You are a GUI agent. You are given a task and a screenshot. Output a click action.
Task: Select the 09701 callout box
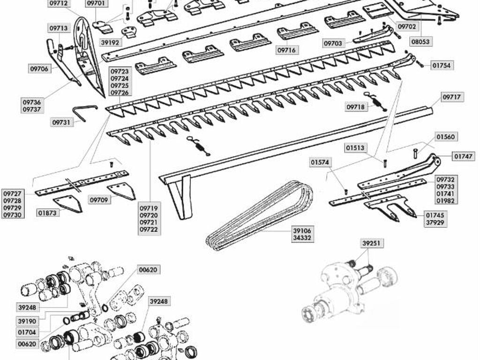pyautogui.click(x=96, y=4)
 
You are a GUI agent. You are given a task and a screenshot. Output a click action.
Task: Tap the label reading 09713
pyautogui.click(x=59, y=28)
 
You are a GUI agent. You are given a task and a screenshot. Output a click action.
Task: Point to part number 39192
pyautogui.click(x=110, y=43)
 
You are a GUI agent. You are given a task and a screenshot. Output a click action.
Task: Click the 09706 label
pyautogui.click(x=39, y=68)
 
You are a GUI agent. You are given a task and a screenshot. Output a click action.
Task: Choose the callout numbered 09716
pyautogui.click(x=287, y=50)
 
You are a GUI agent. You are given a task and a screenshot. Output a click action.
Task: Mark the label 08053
pyautogui.click(x=421, y=41)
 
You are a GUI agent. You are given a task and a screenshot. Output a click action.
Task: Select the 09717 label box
pyautogui.click(x=452, y=97)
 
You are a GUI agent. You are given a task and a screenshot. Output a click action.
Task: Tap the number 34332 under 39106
pyautogui.click(x=302, y=238)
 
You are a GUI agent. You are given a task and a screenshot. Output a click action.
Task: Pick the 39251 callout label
pyautogui.click(x=371, y=243)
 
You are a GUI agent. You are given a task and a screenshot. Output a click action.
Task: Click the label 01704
pyautogui.click(x=27, y=332)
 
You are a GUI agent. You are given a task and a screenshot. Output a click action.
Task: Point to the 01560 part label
pyautogui.click(x=446, y=136)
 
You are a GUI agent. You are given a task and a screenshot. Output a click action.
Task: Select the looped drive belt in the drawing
pyautogui.click(x=260, y=215)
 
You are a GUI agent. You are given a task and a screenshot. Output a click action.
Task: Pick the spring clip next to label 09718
pyautogui.click(x=375, y=101)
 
